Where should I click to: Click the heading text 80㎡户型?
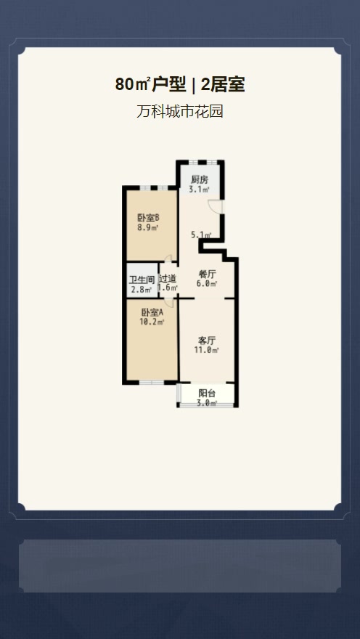point(150,85)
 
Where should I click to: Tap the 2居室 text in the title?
point(223,85)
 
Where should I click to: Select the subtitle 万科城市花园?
point(179,111)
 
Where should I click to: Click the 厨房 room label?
point(200,180)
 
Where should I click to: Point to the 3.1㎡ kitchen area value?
point(199,190)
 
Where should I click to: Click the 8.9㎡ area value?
point(147,228)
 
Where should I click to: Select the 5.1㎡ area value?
point(202,235)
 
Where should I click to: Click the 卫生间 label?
point(142,281)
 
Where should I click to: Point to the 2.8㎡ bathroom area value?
point(142,290)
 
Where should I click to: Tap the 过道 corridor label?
point(168,279)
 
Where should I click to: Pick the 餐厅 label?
point(206,274)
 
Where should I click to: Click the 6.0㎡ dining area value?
point(206,284)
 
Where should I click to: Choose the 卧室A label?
point(152,312)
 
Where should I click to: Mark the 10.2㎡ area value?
point(152,322)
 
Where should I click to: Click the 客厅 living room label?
point(206,341)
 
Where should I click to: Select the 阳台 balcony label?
point(207,394)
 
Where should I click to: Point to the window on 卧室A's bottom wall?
point(152,382)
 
